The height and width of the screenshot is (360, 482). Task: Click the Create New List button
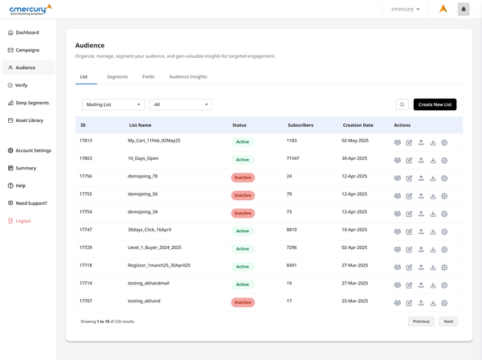tap(435, 104)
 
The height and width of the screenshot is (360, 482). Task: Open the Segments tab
tap(117, 76)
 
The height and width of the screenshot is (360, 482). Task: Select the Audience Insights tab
tap(188, 76)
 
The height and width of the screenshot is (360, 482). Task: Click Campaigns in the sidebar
tap(27, 50)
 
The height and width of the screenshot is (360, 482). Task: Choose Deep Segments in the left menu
tap(32, 103)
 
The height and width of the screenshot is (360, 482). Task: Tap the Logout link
tap(23, 220)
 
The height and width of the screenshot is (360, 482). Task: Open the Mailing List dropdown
tap(113, 104)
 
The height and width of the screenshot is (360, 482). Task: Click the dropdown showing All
tap(181, 104)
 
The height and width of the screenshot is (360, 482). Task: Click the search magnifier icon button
tap(402, 104)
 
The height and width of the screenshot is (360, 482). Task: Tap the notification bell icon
tap(464, 9)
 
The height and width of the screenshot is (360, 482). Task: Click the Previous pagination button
tap(421, 321)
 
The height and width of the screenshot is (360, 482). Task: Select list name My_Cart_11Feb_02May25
tap(154, 141)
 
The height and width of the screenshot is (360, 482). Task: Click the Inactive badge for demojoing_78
tap(243, 177)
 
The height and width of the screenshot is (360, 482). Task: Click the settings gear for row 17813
tap(444, 142)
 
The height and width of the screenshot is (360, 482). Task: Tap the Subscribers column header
tap(300, 125)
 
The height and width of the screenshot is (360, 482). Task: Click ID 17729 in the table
tap(86, 248)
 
